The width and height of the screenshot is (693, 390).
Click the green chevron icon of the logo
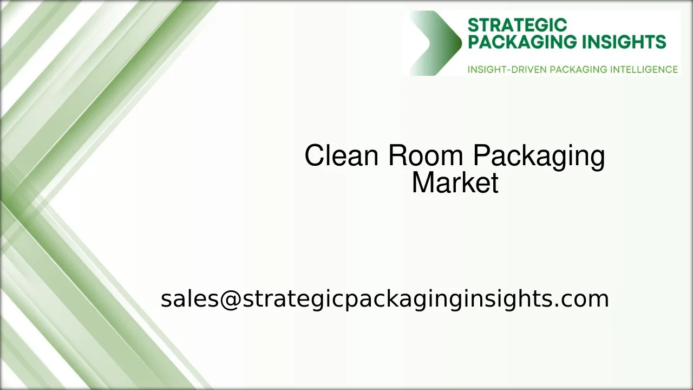436,43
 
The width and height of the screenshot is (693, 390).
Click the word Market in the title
455,183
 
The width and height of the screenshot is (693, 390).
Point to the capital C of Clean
313,156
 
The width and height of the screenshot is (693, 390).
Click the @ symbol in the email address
230,299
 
